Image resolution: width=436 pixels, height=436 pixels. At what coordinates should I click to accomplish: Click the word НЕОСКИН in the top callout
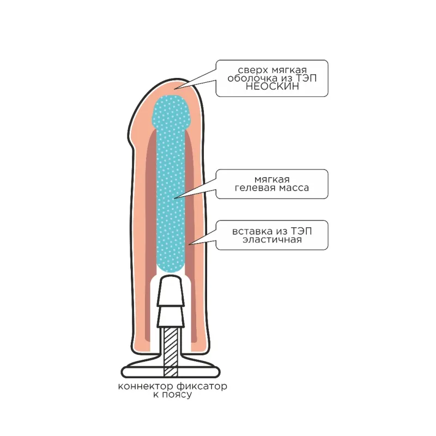coord(272,87)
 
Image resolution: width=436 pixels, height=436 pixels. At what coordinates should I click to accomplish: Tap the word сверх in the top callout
coord(253,70)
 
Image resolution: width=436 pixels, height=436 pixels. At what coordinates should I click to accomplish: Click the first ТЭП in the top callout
coord(306,78)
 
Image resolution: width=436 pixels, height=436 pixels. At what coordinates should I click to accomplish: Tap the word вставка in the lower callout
coord(252,231)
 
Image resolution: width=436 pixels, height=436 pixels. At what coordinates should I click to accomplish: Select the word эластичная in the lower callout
coord(272,240)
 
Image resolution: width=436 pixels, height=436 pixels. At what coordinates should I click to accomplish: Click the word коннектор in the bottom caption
coord(146,386)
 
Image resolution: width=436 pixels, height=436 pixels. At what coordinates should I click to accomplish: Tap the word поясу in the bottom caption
coord(177,395)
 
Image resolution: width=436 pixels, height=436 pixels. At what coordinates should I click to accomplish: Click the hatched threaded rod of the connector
coord(171,352)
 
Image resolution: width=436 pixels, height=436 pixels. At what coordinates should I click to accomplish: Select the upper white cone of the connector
coord(171,290)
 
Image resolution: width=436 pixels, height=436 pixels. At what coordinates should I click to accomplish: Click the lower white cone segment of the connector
coord(171,317)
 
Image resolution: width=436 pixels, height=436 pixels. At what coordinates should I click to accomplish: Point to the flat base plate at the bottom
coord(171,372)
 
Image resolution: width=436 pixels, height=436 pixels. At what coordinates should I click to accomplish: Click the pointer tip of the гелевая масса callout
coord(174,198)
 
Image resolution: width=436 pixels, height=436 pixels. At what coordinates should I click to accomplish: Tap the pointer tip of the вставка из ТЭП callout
coord(189,245)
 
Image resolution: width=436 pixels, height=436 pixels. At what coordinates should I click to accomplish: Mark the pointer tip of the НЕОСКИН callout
coord(174,89)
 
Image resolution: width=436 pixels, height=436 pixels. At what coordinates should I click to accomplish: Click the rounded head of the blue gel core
coord(172,112)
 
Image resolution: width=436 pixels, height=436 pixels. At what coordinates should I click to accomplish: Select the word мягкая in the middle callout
coord(272,180)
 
